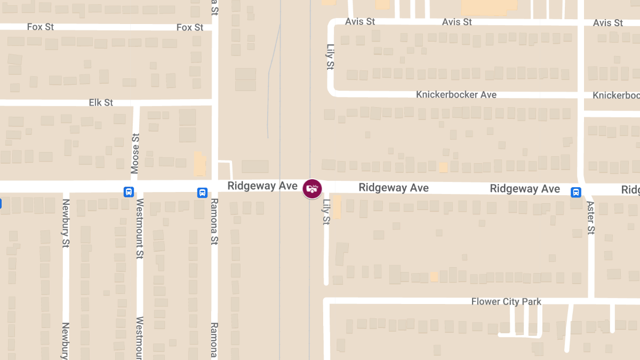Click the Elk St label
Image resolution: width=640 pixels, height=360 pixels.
point(101,102)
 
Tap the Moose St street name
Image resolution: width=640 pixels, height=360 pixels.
point(135,154)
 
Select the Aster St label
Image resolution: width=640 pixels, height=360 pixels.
point(591,217)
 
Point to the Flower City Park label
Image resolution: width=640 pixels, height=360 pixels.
point(506,302)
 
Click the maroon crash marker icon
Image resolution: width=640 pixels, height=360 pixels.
point(312,188)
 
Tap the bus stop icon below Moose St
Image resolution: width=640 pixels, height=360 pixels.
point(129,192)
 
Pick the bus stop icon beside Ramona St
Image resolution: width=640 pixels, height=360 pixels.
point(202,193)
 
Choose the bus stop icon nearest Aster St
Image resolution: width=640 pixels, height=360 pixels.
point(576,192)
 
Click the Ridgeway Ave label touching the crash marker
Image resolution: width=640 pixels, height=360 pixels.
point(262,186)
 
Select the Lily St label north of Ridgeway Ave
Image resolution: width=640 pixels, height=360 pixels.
point(331,57)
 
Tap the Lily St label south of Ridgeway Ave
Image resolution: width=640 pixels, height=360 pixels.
point(326,212)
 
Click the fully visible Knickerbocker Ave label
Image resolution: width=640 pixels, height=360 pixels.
point(456,95)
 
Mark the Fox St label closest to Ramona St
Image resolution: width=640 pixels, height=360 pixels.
point(190,27)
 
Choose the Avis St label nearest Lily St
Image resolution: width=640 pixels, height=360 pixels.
point(360,22)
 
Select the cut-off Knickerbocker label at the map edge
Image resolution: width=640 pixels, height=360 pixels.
point(616,95)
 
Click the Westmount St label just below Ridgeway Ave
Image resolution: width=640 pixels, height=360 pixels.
point(140,228)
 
